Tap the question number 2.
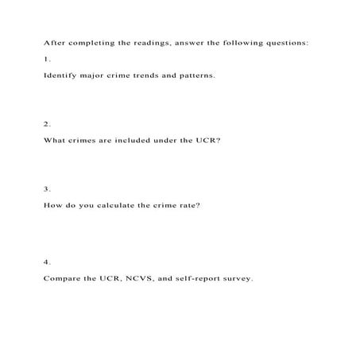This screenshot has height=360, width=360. click(x=47, y=123)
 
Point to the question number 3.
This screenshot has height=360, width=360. click(x=47, y=188)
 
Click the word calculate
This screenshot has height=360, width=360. click(x=118, y=204)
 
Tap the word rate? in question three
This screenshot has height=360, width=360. click(x=189, y=204)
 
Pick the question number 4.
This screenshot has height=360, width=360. click(x=47, y=261)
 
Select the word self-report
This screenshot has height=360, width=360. click(x=206, y=278)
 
